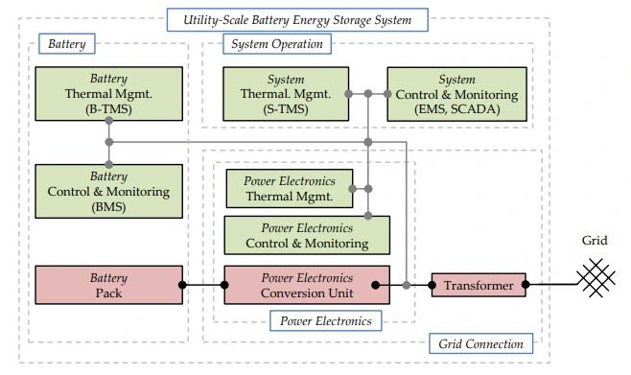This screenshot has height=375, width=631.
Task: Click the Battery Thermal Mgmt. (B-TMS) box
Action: pos(109,94)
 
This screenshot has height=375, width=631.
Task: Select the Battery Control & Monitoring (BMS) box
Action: pos(109,191)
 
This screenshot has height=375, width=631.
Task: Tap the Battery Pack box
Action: pos(109,285)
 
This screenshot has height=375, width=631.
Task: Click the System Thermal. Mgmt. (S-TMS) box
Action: pos(286,94)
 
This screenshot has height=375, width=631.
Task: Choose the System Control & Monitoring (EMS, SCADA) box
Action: pos(457,94)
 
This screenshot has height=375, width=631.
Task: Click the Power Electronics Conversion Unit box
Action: pos(307,285)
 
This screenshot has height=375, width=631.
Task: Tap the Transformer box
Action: pos(479,285)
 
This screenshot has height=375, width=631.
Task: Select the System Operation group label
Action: pos(277,43)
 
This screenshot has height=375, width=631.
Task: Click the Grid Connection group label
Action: pos(480,343)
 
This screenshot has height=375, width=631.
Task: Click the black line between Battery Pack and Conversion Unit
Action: pos(203,285)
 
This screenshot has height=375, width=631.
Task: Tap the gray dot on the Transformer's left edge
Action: pos(432,285)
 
